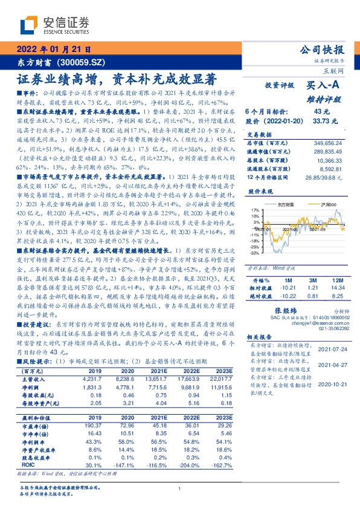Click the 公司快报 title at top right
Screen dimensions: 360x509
click(322, 50)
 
